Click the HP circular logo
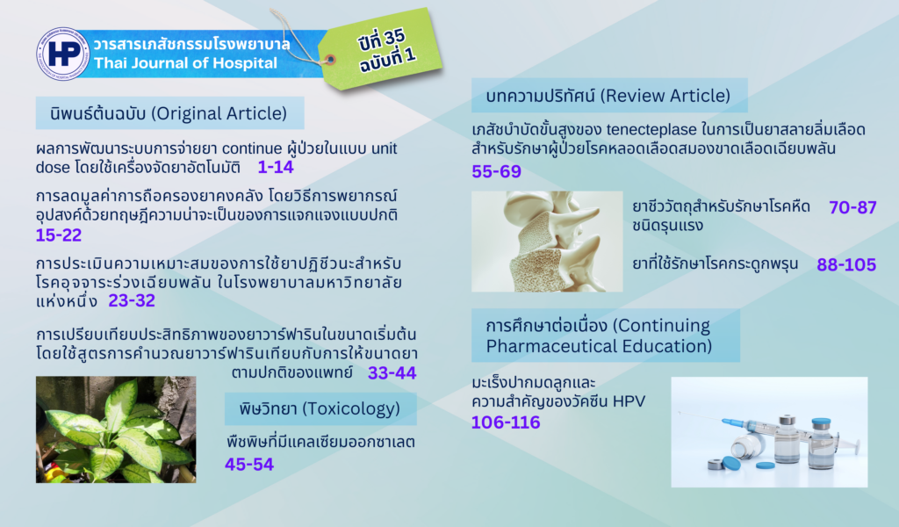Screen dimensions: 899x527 [x=63, y=54]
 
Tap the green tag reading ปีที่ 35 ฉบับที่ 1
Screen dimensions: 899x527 [x=381, y=49]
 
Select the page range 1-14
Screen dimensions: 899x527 [x=275, y=167]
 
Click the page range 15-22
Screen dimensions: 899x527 [x=59, y=235]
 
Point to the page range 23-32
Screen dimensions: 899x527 [x=132, y=300]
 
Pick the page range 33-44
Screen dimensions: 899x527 [x=392, y=372]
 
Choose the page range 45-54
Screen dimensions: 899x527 [x=249, y=464]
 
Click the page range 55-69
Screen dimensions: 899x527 [x=497, y=171]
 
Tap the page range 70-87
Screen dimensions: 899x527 [x=852, y=207]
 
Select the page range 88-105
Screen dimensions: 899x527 [x=846, y=264]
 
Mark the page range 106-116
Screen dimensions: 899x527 [x=506, y=422]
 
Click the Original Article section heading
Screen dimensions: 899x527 [x=169, y=113]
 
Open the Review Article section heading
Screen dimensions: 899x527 [x=609, y=95]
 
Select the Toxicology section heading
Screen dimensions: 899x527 [x=320, y=408]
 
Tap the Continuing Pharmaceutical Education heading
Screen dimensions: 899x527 [x=606, y=336]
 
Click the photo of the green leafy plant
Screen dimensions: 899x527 [x=116, y=430]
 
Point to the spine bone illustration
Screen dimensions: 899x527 [x=547, y=242]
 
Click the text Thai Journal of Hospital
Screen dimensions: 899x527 [x=186, y=62]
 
